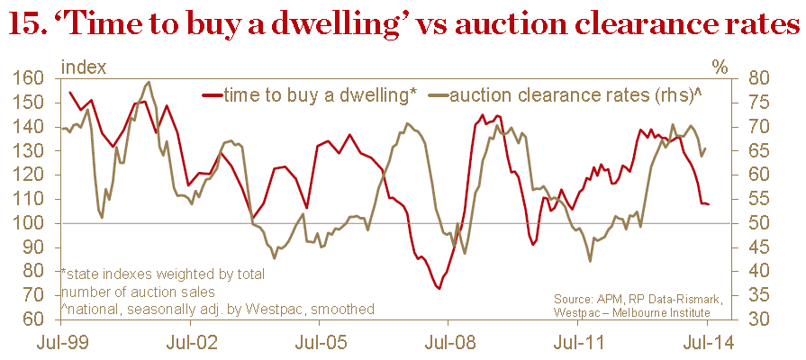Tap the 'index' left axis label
[x=83, y=67]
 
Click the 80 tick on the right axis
[x=754, y=78]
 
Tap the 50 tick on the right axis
[x=754, y=223]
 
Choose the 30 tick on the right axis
[x=754, y=319]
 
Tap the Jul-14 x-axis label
[x=706, y=342]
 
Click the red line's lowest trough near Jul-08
[x=438, y=288]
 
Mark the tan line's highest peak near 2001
[x=149, y=83]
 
